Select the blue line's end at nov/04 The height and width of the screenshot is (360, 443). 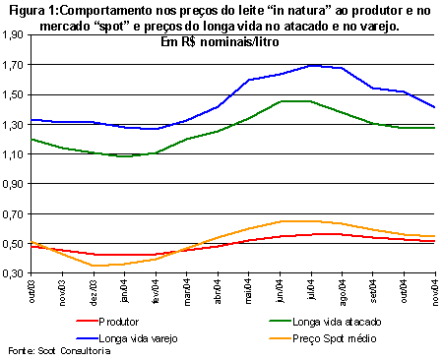435,107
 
